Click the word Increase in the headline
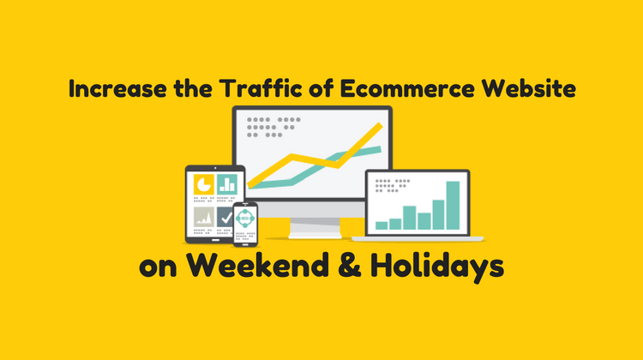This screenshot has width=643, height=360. click(x=117, y=88)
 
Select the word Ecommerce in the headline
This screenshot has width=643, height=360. click(x=406, y=88)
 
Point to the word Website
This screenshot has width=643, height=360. click(x=529, y=88)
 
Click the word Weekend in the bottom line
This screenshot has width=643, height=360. click(x=258, y=265)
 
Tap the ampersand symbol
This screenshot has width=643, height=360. click(x=350, y=265)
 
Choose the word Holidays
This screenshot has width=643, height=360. click(x=437, y=267)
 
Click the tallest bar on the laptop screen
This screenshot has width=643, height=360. click(x=453, y=205)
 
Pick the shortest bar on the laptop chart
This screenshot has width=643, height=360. click(x=382, y=225)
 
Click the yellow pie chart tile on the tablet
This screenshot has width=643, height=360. click(x=204, y=184)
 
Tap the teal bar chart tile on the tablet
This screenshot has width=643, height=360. click(x=227, y=184)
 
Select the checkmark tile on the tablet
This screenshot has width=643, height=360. click(x=225, y=217)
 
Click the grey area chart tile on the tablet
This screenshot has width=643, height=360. click(x=204, y=217)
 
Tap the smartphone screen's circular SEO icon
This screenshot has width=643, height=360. click(x=245, y=218)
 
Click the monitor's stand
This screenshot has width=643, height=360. click(x=315, y=227)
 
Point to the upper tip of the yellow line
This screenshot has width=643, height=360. click(x=380, y=124)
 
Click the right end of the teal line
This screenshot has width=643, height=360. click(x=380, y=150)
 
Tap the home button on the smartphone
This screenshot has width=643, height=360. click(x=245, y=245)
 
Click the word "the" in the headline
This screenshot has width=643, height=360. click(x=193, y=88)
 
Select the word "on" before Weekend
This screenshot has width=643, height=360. click(x=158, y=267)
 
